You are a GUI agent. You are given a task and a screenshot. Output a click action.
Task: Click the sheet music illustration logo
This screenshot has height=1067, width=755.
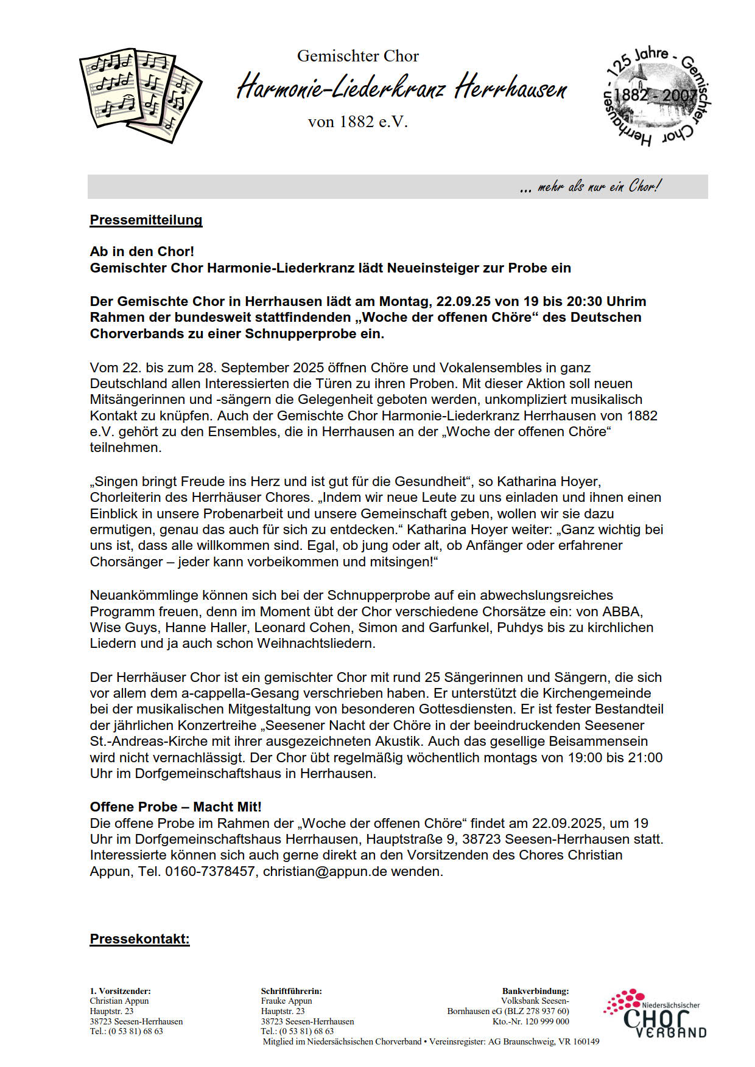point(141,94)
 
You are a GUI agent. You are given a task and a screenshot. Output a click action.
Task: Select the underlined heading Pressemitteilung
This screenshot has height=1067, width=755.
point(146,220)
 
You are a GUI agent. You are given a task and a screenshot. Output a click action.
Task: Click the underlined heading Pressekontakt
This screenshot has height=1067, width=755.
point(140,939)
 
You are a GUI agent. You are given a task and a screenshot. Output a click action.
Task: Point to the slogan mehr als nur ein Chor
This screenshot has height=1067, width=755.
point(590,187)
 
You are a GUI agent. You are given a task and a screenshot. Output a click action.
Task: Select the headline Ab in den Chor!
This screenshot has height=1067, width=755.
point(142,251)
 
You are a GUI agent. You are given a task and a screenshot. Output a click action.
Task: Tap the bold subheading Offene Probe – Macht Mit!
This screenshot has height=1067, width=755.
point(175,807)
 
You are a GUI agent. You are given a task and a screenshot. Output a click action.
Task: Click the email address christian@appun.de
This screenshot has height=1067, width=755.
point(325,871)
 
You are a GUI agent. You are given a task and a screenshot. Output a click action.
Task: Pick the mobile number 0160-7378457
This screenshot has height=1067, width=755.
point(210,871)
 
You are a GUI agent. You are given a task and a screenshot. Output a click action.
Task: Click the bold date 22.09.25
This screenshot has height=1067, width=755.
point(463,301)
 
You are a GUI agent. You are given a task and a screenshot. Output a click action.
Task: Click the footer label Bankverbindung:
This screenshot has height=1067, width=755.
point(535,991)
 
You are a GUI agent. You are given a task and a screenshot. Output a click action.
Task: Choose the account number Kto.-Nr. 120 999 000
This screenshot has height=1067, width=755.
point(530,1021)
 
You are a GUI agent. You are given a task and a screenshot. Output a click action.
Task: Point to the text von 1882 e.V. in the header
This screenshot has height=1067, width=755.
point(357,122)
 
